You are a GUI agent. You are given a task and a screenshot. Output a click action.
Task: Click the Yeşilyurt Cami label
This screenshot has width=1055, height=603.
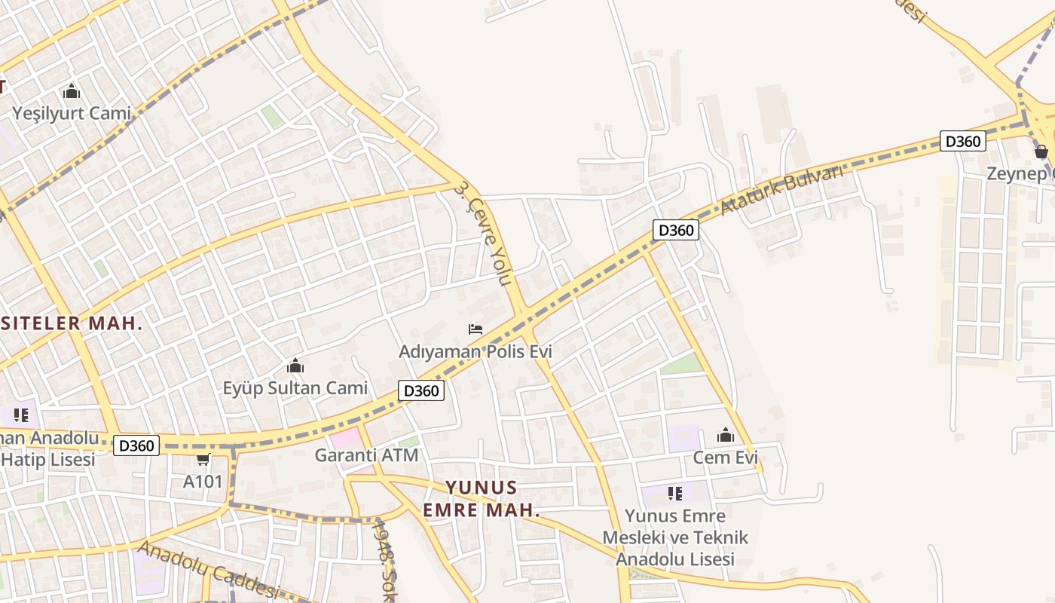tap(72, 114)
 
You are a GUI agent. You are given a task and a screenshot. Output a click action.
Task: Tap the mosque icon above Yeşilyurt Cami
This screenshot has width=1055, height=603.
tap(72, 92)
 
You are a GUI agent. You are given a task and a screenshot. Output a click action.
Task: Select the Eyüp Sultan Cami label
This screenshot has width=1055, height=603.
tap(295, 388)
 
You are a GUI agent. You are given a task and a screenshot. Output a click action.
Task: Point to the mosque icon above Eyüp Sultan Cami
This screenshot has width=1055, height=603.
tap(295, 366)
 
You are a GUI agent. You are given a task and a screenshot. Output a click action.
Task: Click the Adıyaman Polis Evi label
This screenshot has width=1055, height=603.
tap(476, 351)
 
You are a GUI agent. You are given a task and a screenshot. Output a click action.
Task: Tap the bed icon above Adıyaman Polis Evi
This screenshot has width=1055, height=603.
tap(476, 329)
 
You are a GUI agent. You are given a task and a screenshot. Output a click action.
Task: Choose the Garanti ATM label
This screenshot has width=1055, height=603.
tap(366, 455)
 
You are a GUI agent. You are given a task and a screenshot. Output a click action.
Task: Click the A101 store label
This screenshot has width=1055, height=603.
tap(203, 481)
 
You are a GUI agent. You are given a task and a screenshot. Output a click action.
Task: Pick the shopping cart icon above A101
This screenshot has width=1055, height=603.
tap(203, 459)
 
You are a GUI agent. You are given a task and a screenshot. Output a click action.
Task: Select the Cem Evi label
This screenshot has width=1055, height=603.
tap(726, 458)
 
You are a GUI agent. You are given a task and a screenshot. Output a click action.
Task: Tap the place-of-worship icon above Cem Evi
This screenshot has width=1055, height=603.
tap(726, 436)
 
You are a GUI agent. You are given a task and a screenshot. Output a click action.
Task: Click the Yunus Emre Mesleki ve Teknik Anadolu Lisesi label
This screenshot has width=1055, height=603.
tap(675, 537)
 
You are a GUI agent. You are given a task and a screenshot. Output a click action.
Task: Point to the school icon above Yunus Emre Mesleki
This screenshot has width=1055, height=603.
tap(675, 494)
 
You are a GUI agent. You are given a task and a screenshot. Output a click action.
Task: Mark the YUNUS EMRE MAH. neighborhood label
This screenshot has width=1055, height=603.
tap(482, 498)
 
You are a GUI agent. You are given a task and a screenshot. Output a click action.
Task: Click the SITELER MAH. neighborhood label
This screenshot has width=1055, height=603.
tap(72, 323)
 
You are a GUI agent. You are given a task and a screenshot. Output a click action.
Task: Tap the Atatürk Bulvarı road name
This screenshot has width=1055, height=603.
tap(781, 191)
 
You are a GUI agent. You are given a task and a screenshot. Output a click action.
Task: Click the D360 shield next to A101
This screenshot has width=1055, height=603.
tap(136, 445)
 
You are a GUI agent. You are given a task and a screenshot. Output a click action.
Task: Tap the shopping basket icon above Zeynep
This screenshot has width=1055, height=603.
tap(1041, 152)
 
